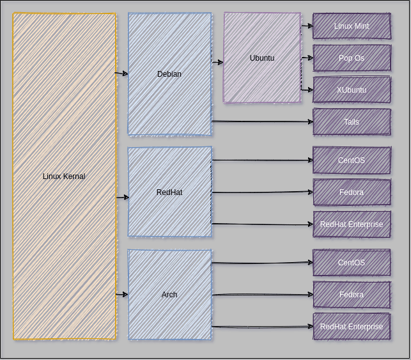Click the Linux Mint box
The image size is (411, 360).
point(352,26)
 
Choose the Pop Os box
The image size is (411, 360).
point(352,58)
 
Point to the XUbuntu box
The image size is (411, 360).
point(352,90)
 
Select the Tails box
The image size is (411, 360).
point(352,122)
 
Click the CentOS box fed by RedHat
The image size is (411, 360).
point(352,160)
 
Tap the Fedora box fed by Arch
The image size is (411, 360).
point(352,295)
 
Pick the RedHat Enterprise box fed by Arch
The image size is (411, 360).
point(352,327)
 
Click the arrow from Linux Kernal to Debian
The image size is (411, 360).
point(122,74)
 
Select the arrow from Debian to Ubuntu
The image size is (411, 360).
point(217,62)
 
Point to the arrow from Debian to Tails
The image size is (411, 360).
point(262,121)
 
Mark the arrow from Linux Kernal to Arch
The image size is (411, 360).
point(122,294)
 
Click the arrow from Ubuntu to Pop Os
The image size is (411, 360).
point(307,58)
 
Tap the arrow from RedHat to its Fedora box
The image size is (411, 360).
point(262,192)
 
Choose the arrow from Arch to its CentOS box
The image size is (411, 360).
point(262,263)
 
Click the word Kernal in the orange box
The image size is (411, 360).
point(74,176)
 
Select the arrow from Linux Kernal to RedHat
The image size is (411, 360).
point(122,198)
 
